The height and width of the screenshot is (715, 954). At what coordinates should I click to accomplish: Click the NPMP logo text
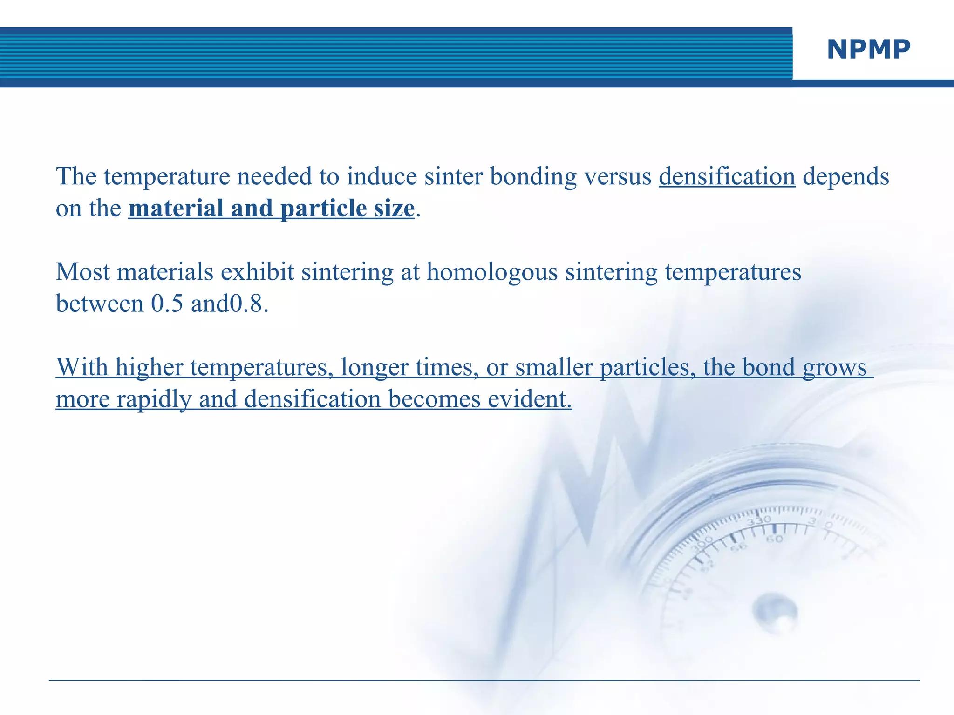[x=868, y=49]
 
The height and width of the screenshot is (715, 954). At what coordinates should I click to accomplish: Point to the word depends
[x=845, y=177]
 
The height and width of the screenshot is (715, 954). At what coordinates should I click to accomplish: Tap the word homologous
[x=492, y=272]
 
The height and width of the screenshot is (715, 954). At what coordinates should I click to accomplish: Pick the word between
[x=100, y=304]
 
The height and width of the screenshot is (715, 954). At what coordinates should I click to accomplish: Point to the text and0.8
[x=229, y=304]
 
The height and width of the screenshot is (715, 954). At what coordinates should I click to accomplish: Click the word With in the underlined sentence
[x=82, y=367]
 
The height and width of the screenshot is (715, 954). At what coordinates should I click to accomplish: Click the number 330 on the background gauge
[x=759, y=520]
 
